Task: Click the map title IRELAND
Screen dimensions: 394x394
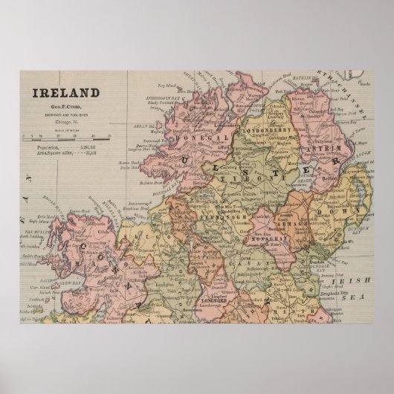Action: coord(65,93)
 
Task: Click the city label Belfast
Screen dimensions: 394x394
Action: coord(330,178)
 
